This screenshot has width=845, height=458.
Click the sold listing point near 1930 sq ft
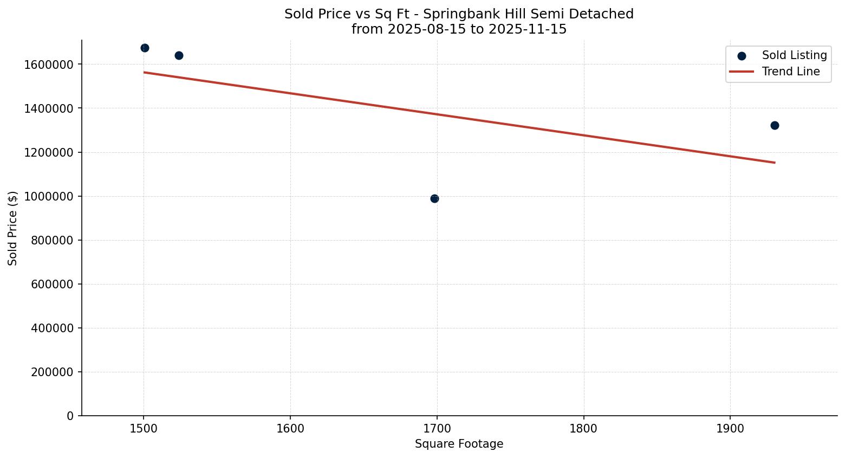775,125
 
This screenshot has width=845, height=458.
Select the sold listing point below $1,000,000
434,198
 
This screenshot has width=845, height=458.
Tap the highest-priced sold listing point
145,48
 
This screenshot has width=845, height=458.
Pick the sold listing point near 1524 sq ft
179,55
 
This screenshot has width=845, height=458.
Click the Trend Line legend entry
790,72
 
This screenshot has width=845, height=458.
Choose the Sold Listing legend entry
794,55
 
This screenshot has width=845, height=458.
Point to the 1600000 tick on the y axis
49,64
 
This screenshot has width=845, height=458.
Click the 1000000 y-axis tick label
49,196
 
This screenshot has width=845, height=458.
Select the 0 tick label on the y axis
70,416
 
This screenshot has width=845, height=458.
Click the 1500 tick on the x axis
144,428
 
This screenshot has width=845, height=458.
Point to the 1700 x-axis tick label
437,428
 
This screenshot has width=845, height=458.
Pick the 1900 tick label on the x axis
730,428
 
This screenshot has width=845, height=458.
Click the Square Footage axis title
459,444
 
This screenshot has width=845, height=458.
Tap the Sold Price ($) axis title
12,228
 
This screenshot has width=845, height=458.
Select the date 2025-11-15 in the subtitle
528,29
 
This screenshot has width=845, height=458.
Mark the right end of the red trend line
775,162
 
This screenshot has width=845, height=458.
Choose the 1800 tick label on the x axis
583,428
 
